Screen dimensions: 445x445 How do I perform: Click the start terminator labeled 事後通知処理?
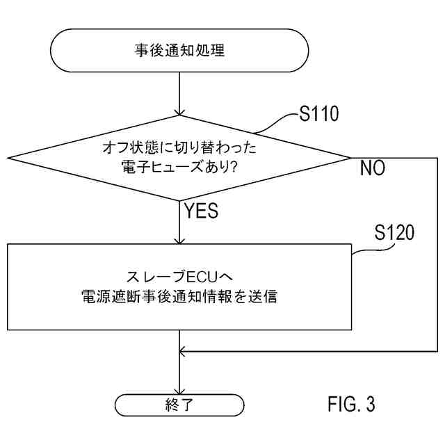[179, 50]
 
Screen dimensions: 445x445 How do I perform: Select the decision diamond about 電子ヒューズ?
[179, 158]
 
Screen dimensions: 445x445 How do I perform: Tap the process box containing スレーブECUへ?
[179, 286]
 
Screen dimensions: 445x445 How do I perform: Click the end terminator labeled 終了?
[179, 404]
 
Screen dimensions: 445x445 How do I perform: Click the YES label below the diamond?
[201, 210]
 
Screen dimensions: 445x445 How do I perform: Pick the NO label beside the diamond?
[373, 169]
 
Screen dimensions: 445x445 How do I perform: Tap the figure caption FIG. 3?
[351, 403]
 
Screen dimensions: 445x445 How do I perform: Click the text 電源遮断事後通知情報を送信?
[179, 296]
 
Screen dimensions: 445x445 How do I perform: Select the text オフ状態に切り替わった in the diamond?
[179, 147]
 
